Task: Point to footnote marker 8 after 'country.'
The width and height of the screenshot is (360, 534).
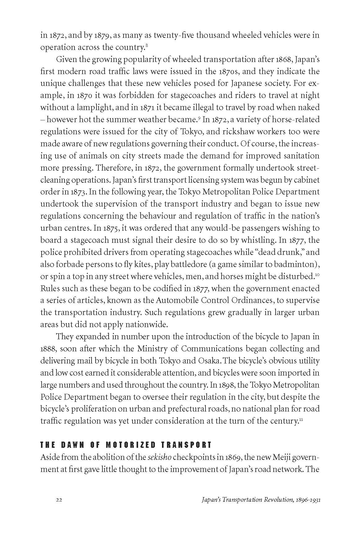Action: [x=146, y=46]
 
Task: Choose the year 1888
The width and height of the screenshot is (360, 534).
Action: [x=48, y=349]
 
